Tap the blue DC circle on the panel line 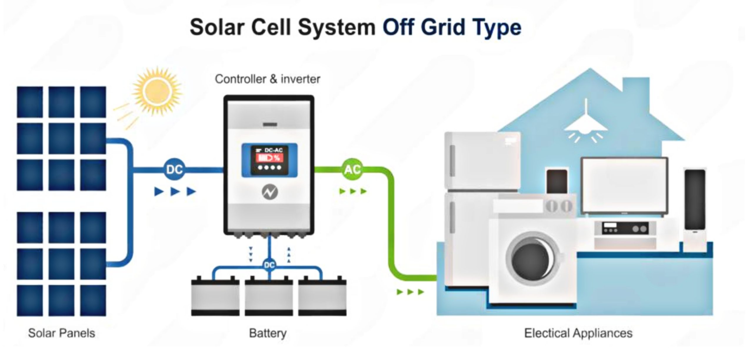pyautogui.click(x=175, y=169)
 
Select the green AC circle pyautogui.click(x=352, y=169)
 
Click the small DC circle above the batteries pyautogui.click(x=269, y=265)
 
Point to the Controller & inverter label pyautogui.click(x=267, y=79)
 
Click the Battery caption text pyautogui.click(x=268, y=333)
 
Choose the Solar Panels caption pyautogui.click(x=61, y=333)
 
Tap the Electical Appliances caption pyautogui.click(x=578, y=333)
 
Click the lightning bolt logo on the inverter pyautogui.click(x=270, y=192)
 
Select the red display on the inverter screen pyautogui.click(x=269, y=158)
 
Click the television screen pyautogui.click(x=624, y=186)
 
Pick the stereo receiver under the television pyautogui.click(x=625, y=229)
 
